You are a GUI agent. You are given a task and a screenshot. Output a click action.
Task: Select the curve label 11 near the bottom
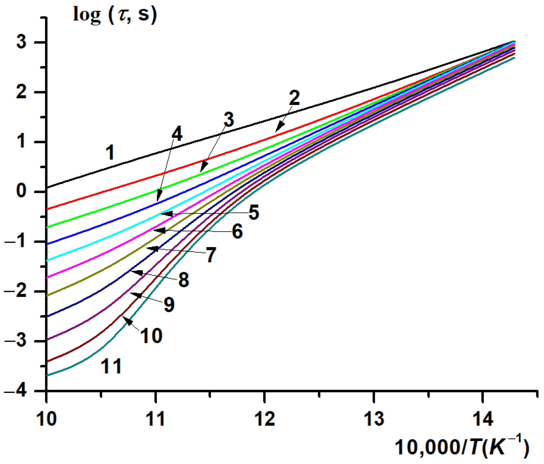[x=111, y=366]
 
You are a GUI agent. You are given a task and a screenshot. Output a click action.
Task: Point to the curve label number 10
[x=151, y=336]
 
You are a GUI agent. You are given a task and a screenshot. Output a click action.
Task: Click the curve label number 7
[x=211, y=255]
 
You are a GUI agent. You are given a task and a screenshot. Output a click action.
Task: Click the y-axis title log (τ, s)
[x=115, y=15]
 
